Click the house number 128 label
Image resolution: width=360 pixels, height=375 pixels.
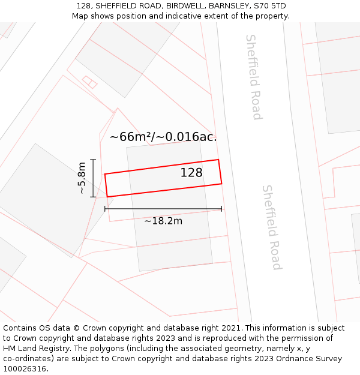tap(191, 173)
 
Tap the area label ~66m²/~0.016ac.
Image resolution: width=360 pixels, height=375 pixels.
tap(163, 137)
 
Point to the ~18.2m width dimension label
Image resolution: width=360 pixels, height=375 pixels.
tap(163, 221)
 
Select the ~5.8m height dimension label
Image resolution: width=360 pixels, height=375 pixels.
tap(82, 178)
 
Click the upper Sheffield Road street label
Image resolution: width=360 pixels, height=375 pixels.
tap(254, 77)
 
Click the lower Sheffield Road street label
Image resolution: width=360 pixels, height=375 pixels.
tap(272, 227)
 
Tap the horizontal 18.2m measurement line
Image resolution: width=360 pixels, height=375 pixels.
tap(163, 209)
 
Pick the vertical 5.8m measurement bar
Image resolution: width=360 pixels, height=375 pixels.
tap(93, 178)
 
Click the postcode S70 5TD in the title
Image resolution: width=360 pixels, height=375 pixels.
tap(270, 6)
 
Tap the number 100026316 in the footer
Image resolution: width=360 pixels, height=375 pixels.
tap(24, 369)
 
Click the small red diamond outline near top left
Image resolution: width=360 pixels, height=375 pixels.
tap(89, 82)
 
